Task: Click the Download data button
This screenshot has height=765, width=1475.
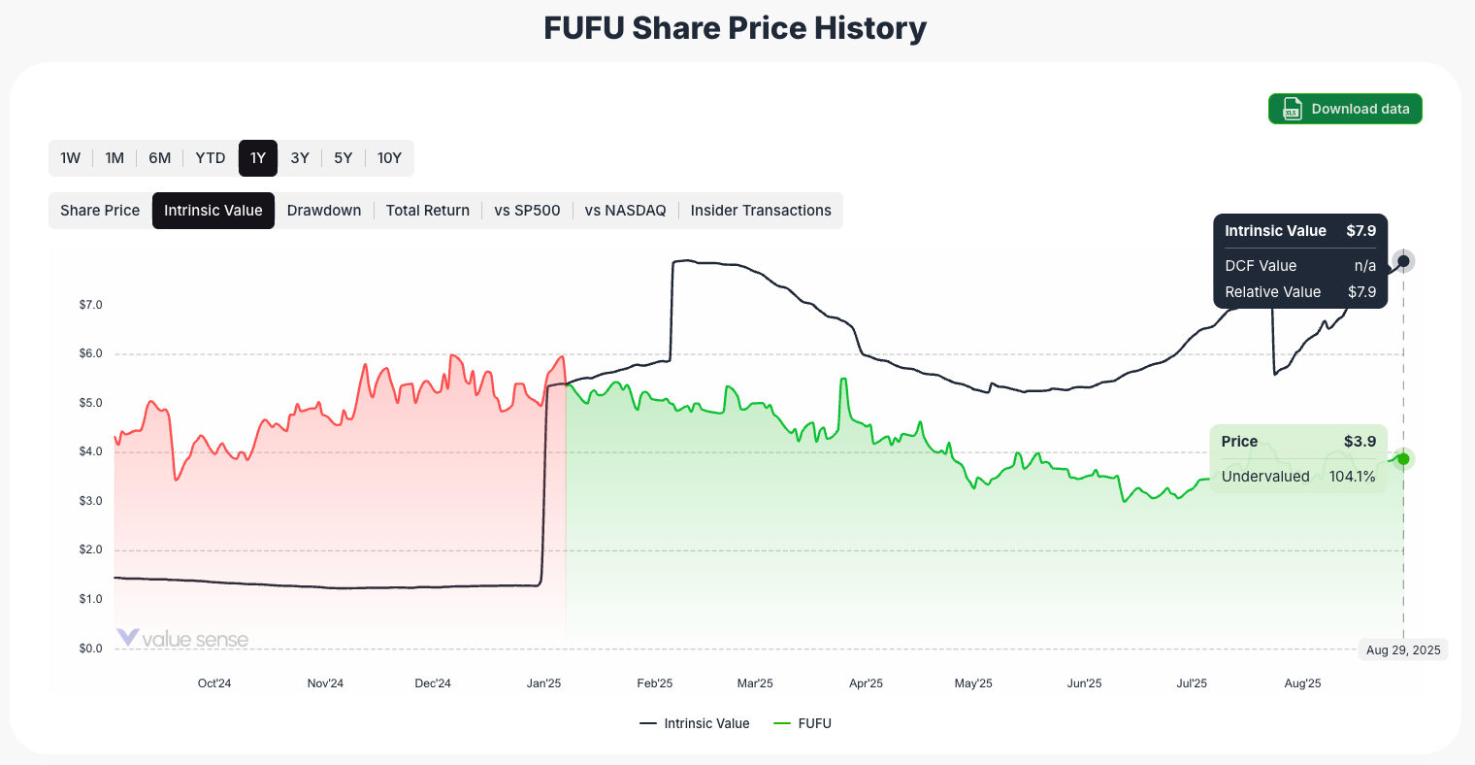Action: (1345, 109)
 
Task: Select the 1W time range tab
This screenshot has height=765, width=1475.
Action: (71, 158)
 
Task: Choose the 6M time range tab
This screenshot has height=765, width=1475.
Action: (160, 158)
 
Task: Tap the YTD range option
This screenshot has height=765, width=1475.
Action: (211, 158)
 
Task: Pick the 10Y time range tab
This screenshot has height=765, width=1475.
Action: (389, 158)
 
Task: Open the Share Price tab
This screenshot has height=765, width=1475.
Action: (100, 211)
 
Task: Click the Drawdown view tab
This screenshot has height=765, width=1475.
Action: (324, 211)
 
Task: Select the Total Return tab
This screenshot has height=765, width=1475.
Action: (428, 211)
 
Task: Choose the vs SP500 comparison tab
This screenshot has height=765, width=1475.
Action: (527, 211)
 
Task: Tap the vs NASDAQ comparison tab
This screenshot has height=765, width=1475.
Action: (626, 211)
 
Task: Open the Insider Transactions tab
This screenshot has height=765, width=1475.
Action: (761, 211)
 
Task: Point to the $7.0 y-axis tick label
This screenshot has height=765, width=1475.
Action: (90, 305)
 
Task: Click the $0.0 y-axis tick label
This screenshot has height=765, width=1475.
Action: (90, 649)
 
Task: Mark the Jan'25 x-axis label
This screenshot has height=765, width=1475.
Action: (544, 683)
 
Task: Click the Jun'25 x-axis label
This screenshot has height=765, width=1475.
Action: (1084, 683)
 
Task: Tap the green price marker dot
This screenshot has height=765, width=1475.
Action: (1402, 458)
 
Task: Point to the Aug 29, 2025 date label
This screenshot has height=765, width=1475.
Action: (1403, 650)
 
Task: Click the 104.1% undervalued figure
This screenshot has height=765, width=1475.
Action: (1352, 477)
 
